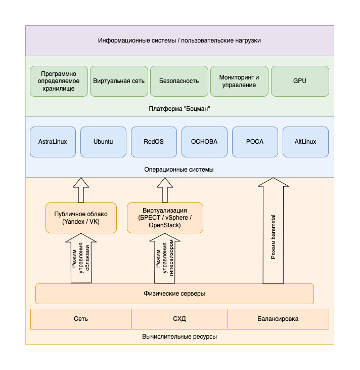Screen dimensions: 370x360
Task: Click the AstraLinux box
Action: [53, 142]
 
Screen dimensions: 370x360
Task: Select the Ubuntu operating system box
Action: [103, 142]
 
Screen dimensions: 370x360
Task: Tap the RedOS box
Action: [154, 142]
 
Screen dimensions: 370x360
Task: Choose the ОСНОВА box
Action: [204, 142]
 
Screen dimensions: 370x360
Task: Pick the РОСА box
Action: [255, 142]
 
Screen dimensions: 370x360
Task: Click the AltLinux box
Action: [305, 142]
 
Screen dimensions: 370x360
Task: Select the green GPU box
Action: [300, 81]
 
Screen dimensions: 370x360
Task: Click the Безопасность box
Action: [179, 81]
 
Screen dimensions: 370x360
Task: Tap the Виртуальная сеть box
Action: [119, 81]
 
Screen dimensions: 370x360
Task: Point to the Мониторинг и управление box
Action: [239, 81]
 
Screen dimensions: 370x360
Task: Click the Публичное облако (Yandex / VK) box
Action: [81, 218]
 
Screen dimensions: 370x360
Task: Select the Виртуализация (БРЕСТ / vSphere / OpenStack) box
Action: [165, 218]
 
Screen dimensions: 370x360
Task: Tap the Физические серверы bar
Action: [174, 294]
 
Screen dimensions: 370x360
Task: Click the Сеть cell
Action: [81, 319]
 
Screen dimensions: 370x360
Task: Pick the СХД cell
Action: [179, 319]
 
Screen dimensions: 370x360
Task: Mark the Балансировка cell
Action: [278, 319]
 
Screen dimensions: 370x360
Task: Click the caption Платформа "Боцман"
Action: [179, 109]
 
